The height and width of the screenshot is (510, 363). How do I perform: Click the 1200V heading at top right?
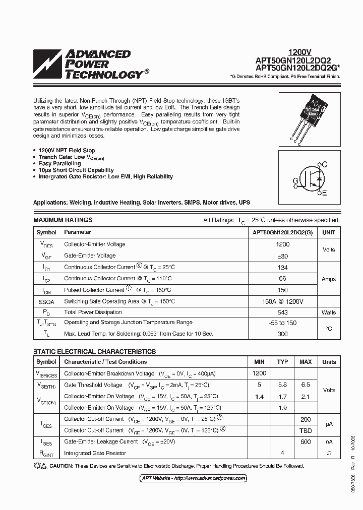pos(299,52)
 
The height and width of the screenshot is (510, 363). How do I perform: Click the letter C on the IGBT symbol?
pos(325,164)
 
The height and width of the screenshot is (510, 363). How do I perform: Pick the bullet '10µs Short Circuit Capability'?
pos(76,170)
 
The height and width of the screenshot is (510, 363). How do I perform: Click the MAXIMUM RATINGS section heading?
pos(63,220)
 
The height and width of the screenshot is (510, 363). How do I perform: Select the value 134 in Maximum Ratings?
pos(283,267)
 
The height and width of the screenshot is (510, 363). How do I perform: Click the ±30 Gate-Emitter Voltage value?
pos(283,256)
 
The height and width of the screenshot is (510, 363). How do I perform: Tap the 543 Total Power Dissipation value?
pos(283,312)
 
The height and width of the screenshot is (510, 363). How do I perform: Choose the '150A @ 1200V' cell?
pos(283,301)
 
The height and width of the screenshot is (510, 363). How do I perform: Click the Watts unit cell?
pos(329,312)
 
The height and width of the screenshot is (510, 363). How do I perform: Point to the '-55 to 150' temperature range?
pos(283,323)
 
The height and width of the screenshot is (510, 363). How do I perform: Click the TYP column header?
pos(282,362)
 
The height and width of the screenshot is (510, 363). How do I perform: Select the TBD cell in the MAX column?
pos(306,430)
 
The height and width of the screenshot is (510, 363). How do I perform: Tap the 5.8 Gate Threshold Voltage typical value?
pos(282,385)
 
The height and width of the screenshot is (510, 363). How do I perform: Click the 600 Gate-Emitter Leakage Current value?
pos(306,441)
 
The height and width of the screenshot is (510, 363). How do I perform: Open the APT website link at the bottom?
pos(193,478)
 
